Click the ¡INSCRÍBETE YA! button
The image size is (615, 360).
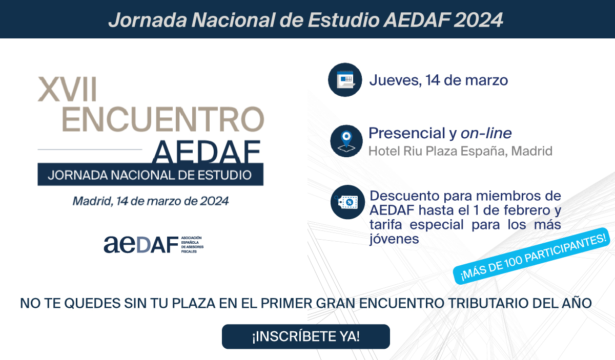point(306,336)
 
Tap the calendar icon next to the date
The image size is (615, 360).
point(345,80)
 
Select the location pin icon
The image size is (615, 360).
point(346,141)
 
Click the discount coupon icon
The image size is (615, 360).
point(347,202)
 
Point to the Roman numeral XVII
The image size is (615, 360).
point(67,89)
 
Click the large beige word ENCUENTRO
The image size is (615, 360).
point(163,119)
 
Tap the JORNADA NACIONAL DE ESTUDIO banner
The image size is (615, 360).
point(151,175)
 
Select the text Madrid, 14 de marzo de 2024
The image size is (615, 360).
point(151,201)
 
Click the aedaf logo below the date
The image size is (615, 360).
point(153,244)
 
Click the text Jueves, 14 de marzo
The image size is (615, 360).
point(439,80)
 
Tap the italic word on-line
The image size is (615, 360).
point(486,133)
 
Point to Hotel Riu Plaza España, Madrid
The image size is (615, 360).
point(460,151)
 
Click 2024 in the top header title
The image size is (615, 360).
point(478,20)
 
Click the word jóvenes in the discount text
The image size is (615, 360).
point(394,239)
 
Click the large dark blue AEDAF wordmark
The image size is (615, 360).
point(206,152)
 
